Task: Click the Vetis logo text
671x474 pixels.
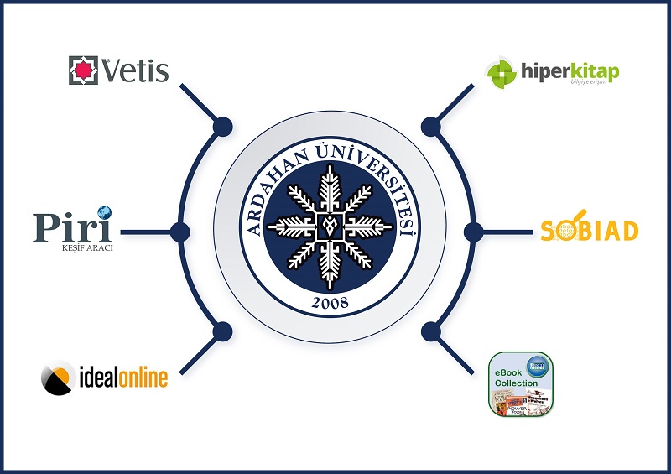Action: tap(135, 71)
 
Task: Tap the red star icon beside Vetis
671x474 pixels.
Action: tap(83, 70)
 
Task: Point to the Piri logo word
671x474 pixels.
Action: tap(71, 227)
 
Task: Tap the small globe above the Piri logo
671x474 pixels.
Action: tap(104, 211)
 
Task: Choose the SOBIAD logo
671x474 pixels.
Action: tap(590, 230)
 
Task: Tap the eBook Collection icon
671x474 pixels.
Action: tap(521, 383)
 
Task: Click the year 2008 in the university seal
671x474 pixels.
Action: tap(330, 302)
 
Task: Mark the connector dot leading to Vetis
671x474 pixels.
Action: tap(223, 127)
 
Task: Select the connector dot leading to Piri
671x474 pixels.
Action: tap(179, 231)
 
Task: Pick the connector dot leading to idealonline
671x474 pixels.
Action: tap(223, 331)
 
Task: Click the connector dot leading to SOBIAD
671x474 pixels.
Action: tap(473, 231)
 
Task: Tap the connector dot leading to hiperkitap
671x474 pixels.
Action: tap(431, 127)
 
